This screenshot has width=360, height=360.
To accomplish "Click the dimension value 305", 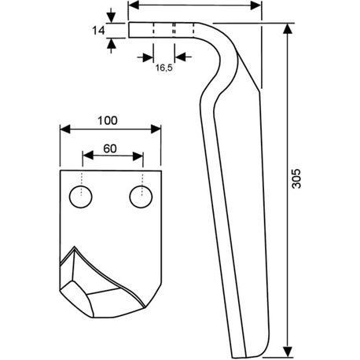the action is coord(296,178).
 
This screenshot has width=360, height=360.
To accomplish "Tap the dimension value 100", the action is coord(108,121).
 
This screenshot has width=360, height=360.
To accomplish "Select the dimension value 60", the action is coord(110,149).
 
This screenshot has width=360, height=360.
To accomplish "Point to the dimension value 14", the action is coord(98,31).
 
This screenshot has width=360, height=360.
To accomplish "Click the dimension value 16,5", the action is coord(164,68).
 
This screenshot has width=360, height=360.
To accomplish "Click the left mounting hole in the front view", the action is coord(81,197).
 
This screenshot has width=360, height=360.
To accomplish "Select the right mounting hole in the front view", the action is coord(141,197).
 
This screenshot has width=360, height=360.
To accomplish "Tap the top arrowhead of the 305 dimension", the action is coord(288,28).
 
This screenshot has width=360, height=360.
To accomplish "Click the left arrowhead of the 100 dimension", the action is coord(65,129).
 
